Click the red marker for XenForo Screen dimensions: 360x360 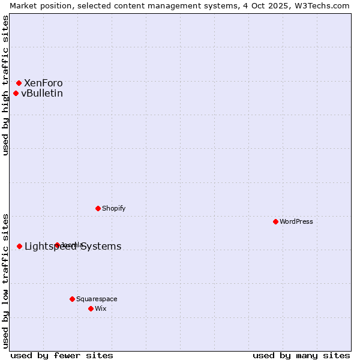coord(19,83)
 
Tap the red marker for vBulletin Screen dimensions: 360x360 coord(16,93)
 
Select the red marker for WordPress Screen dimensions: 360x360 coord(275,221)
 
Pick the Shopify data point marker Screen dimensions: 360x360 coord(98,208)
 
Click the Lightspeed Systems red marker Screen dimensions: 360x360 coord(19,246)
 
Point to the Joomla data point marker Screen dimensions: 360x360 coord(57,245)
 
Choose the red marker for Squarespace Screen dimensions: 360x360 coord(72,299)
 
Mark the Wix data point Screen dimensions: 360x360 coord(91,308)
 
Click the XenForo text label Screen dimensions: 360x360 coord(43,83)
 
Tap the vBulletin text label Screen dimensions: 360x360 coord(42,93)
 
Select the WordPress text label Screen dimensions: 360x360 coord(296,221)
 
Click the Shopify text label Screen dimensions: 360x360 coord(114,208)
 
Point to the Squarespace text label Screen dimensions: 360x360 coord(97,299)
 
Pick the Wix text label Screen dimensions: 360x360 coord(101,308)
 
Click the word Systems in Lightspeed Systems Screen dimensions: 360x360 coord(101,246)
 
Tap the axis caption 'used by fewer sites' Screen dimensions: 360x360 coord(62,355)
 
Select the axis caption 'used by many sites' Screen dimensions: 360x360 coord(301,355)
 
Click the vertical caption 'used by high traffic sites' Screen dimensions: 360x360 coord(6,85)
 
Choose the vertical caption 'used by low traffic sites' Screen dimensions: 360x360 coord(6,281)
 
